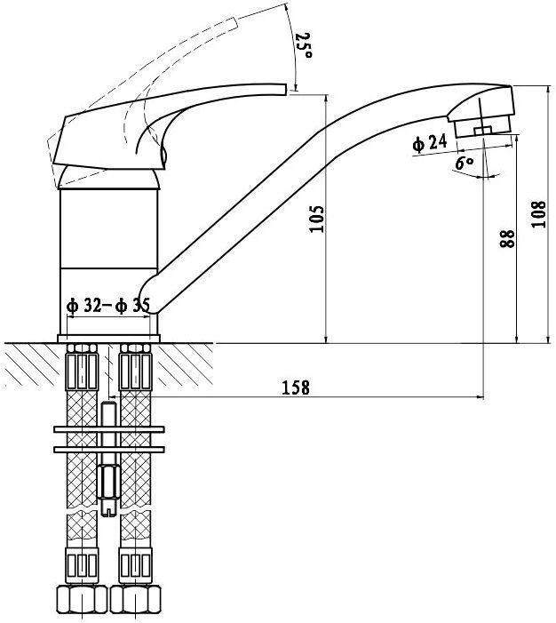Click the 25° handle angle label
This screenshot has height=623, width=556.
(304, 45)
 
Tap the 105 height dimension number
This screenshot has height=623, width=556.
(317, 219)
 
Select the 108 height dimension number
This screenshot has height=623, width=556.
(538, 214)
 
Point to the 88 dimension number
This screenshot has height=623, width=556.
(507, 238)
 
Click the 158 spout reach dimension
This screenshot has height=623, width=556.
(296, 387)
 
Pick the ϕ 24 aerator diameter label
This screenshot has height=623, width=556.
(430, 142)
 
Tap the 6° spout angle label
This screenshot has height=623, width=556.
(465, 163)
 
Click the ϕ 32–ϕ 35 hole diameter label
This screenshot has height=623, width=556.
(108, 306)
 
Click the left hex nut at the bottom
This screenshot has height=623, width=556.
(82, 599)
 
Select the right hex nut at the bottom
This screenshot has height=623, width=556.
(135, 599)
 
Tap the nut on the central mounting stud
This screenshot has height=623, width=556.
(108, 481)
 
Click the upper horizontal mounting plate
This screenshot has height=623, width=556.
(109, 429)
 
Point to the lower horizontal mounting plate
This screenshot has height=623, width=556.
(109, 450)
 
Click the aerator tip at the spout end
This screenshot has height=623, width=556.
(483, 127)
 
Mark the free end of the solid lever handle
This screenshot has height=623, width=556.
(285, 89)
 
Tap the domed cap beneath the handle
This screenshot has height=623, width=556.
(109, 177)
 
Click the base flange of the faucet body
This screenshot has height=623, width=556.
(109, 339)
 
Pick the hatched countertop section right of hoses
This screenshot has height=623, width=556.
(183, 364)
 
